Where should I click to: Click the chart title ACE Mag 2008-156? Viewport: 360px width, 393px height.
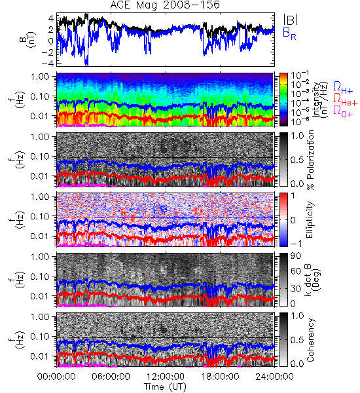[x=165, y=5]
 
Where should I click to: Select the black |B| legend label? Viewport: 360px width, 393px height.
[x=291, y=20]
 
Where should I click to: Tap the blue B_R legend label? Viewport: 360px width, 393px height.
[x=289, y=34]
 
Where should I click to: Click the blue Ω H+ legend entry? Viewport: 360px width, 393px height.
[x=343, y=88]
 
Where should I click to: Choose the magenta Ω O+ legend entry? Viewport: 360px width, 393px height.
[x=343, y=111]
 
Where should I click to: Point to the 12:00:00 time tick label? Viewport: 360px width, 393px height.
[x=166, y=377]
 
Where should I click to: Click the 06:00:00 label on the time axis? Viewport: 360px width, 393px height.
[x=111, y=377]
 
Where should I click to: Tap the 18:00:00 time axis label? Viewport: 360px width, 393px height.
[x=220, y=377]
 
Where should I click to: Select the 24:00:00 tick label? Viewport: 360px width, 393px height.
[x=274, y=377]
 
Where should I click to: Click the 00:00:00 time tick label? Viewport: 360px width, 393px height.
[x=56, y=377]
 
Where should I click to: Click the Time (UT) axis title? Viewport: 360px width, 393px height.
[x=165, y=386]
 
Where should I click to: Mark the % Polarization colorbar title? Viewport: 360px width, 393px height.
[x=311, y=160]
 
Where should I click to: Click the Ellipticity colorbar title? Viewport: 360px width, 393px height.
[x=310, y=219]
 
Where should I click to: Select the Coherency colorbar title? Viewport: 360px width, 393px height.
[x=310, y=340]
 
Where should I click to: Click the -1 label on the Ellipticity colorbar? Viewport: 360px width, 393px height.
[x=296, y=244]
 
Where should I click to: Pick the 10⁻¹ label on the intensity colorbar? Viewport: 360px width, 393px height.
[x=297, y=75]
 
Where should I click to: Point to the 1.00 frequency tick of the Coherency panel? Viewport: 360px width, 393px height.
[x=41, y=316]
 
